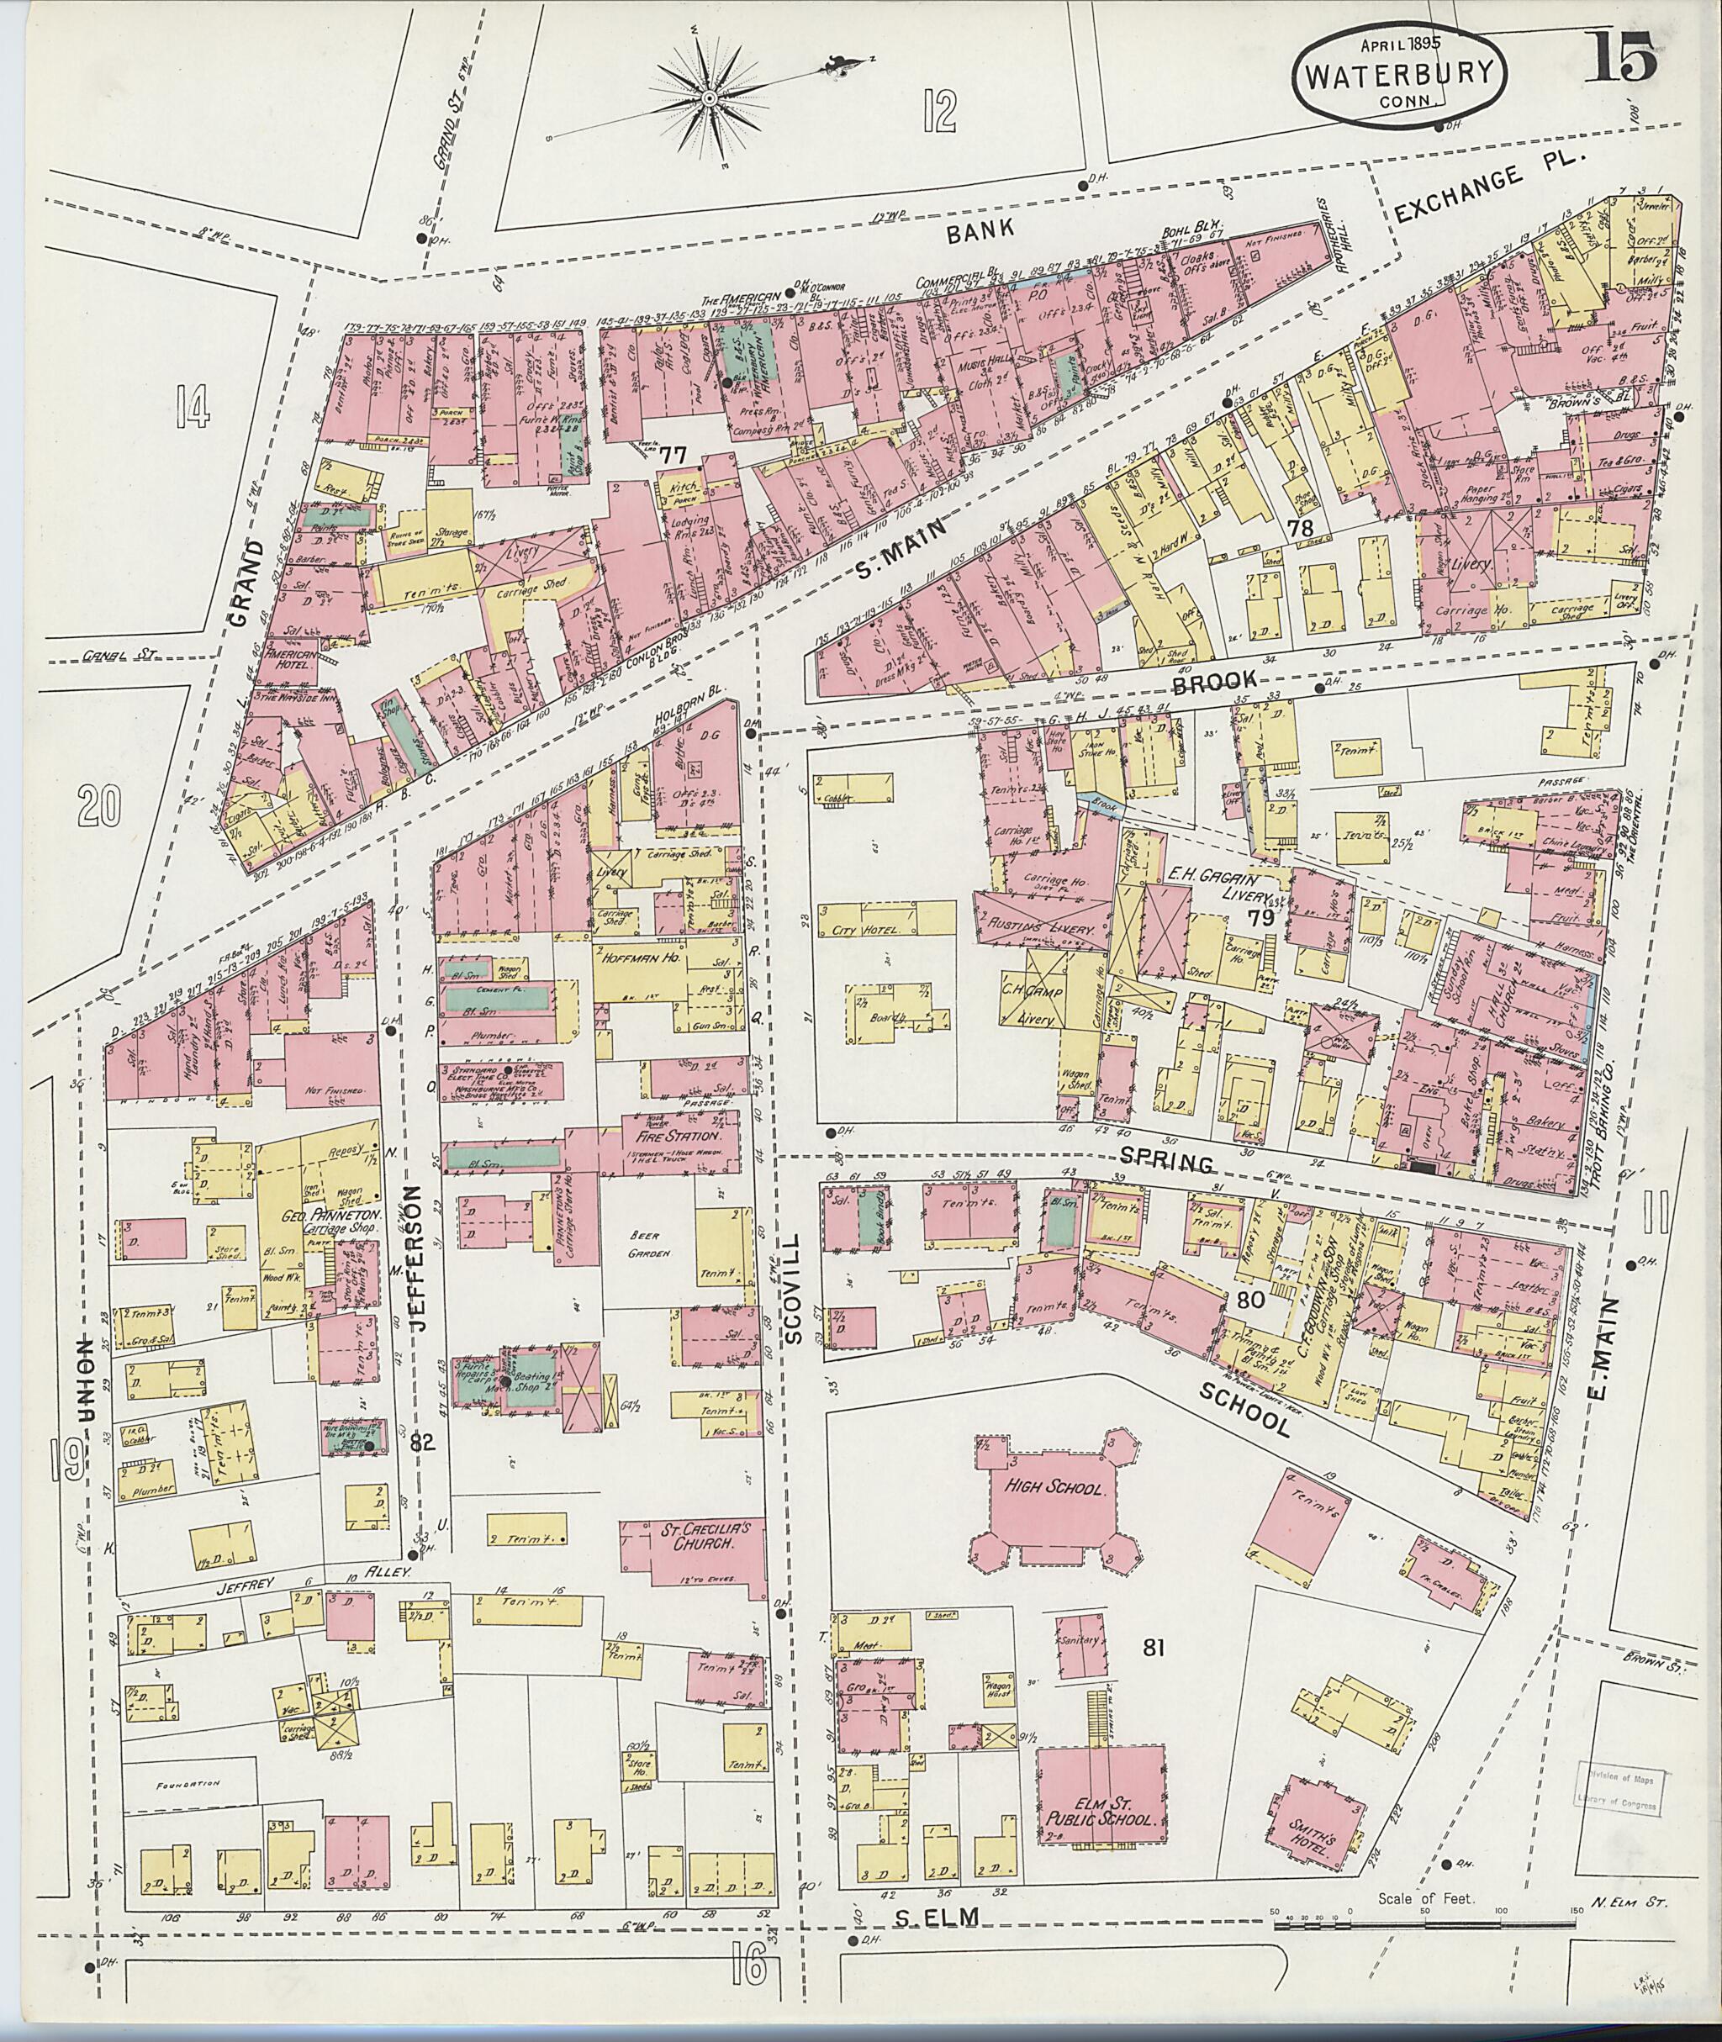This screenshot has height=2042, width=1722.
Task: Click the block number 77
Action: tap(671, 456)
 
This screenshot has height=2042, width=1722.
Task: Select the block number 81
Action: tap(1154, 1649)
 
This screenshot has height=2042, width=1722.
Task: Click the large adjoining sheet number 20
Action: tap(103, 806)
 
